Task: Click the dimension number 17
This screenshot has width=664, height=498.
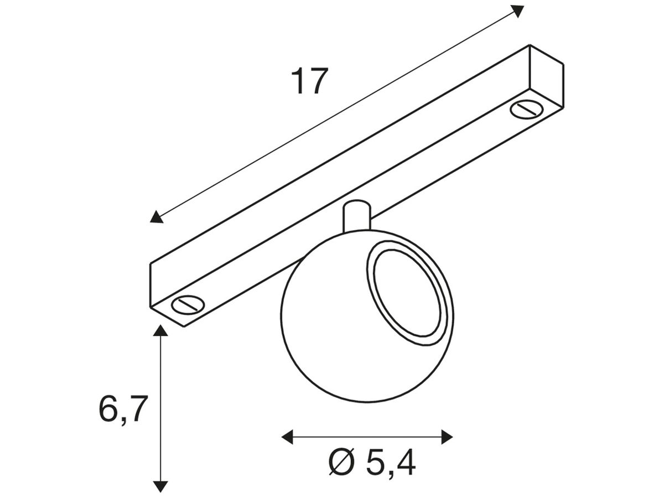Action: (310, 81)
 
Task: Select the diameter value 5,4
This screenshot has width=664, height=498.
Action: (391, 463)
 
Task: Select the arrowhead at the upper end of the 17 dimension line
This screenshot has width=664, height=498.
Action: (517, 11)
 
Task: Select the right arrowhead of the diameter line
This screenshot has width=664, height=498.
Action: (447, 437)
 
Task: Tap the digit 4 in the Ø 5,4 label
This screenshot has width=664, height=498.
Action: (405, 463)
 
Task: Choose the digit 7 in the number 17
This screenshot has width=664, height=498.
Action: (319, 81)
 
